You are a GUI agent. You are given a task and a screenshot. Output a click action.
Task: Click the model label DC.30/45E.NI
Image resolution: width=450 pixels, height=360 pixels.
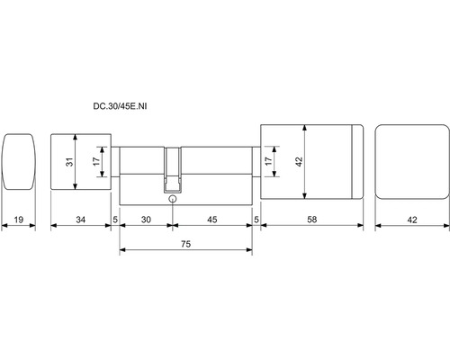tap(120, 106)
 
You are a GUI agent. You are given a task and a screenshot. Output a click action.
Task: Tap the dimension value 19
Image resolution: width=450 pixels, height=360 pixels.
tap(19, 220)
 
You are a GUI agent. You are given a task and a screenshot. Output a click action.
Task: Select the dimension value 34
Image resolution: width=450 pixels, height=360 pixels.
tap(81, 220)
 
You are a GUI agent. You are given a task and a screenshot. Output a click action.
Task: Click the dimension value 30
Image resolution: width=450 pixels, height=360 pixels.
tap(146, 220)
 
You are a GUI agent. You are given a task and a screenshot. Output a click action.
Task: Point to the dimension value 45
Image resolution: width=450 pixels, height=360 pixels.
tap(212, 220)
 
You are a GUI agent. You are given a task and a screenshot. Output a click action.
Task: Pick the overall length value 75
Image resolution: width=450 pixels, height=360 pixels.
tap(186, 244)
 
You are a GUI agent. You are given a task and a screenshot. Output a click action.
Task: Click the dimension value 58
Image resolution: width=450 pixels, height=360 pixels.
tap(312, 220)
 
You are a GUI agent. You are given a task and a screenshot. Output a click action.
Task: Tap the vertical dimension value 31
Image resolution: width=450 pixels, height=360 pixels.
tap(69, 162)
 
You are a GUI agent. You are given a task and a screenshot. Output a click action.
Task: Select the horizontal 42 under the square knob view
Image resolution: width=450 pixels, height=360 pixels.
tap(412, 220)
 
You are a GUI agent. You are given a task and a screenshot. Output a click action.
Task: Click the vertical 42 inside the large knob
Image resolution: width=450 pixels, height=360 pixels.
tap(300, 162)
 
